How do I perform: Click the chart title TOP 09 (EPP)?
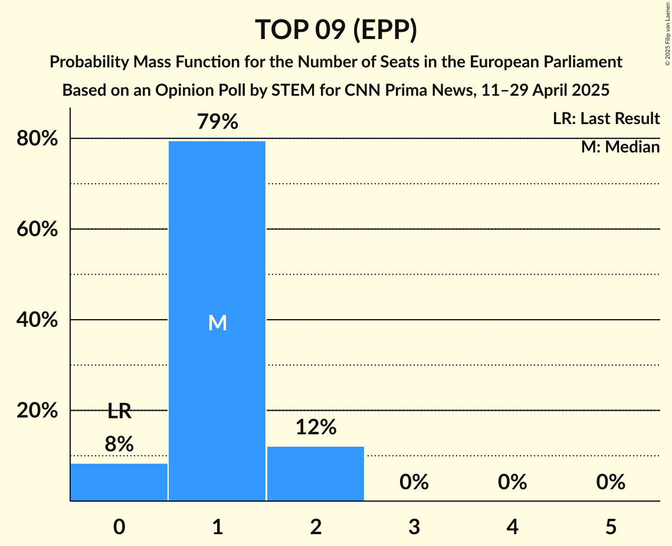click(x=336, y=30)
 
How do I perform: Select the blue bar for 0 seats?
click(x=119, y=482)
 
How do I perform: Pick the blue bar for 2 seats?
click(x=316, y=473)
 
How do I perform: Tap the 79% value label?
click(x=217, y=122)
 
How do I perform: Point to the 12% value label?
click(x=316, y=427)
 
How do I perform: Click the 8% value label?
click(x=119, y=444)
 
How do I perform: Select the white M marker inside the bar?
click(x=217, y=323)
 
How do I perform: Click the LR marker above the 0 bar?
click(x=119, y=411)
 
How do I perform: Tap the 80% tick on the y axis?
click(x=37, y=139)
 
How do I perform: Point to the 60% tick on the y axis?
click(x=37, y=229)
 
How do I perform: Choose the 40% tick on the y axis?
click(x=37, y=320)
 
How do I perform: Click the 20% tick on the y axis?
click(x=37, y=411)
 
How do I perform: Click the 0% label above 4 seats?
click(x=512, y=483)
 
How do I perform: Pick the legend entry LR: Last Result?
click(x=606, y=119)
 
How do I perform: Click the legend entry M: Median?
click(x=620, y=147)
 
